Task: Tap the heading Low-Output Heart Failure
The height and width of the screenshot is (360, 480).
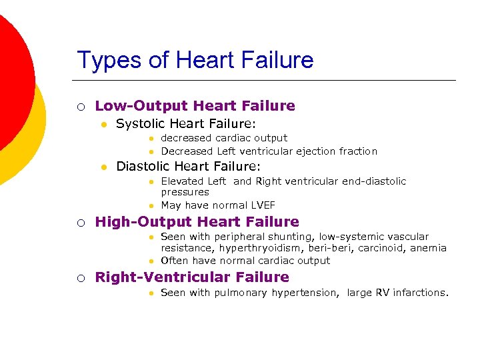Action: click(195, 106)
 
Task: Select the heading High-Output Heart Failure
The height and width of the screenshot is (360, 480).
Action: click(197, 222)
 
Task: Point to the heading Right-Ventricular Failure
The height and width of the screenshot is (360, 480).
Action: click(192, 277)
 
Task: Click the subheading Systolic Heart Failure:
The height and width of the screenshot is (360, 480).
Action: click(186, 124)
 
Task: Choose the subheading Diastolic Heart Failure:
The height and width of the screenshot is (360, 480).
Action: click(188, 167)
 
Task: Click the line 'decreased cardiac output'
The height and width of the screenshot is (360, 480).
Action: click(224, 139)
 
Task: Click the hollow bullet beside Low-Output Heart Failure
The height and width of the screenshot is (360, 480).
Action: click(80, 106)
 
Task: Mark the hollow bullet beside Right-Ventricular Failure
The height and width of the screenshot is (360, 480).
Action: click(80, 277)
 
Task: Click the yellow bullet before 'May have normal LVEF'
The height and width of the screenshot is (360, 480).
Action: click(152, 206)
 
